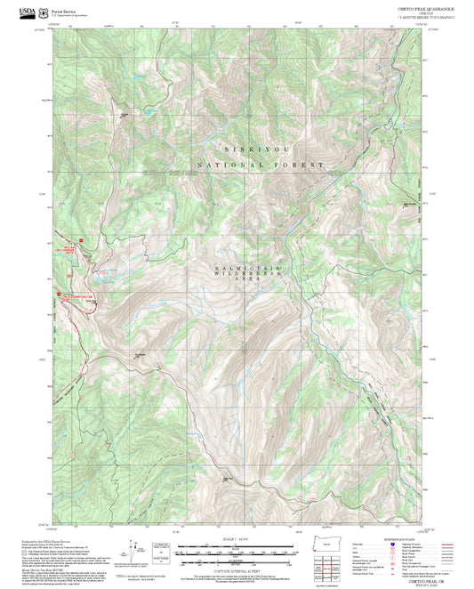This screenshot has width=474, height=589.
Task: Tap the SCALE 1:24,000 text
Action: pos(236,538)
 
